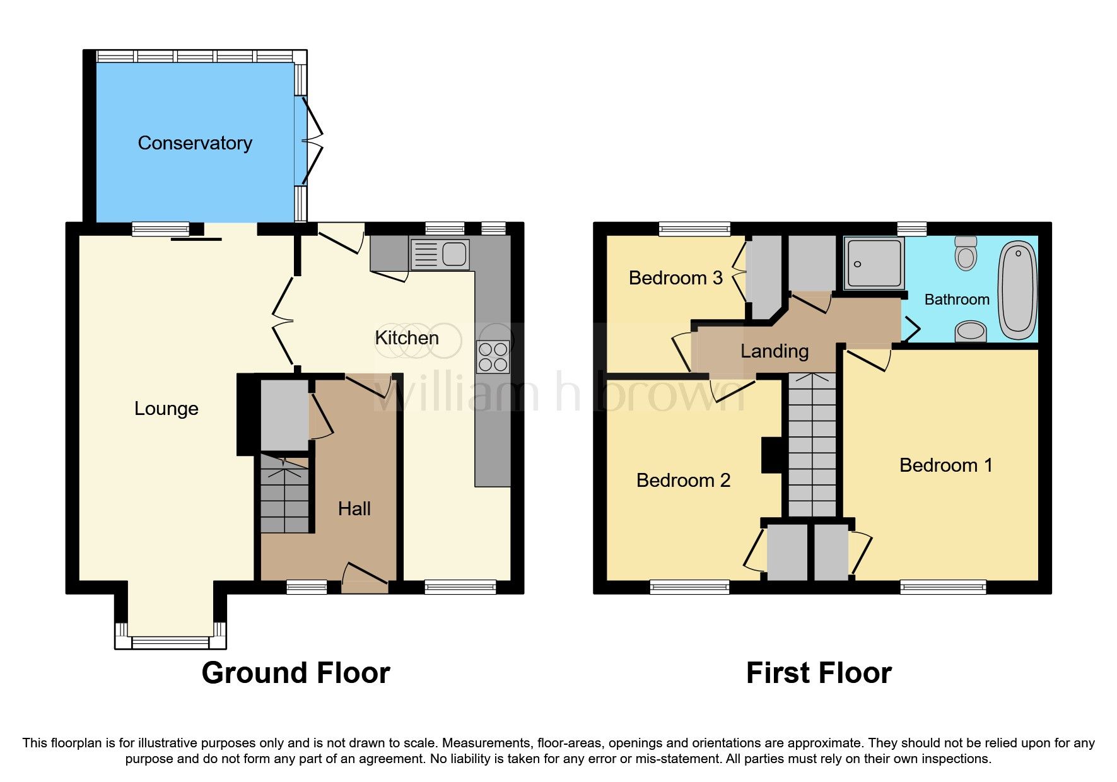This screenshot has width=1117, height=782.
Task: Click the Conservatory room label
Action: coord(195,143)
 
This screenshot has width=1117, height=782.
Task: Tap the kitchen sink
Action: coord(440,255)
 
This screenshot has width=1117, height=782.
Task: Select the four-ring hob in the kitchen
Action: coord(493,357)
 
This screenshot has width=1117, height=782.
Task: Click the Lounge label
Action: coord(166,409)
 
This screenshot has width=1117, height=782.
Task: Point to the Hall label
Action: coord(354,509)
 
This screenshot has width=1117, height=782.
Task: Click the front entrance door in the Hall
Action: coord(365,577)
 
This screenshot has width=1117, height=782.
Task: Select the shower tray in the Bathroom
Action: coord(874,263)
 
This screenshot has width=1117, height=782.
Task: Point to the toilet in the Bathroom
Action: coord(966,254)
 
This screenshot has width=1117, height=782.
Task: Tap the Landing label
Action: coord(774,351)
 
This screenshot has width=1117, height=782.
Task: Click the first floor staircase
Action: coord(812,445)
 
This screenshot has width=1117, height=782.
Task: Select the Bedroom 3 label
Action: coord(675,278)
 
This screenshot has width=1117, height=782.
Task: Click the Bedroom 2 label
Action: coord(683,481)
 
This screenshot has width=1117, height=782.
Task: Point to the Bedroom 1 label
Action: coord(945,465)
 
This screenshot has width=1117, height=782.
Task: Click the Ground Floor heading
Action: coord(295,673)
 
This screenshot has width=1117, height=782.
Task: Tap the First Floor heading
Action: coord(818,673)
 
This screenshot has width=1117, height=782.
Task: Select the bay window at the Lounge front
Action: coord(170,642)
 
